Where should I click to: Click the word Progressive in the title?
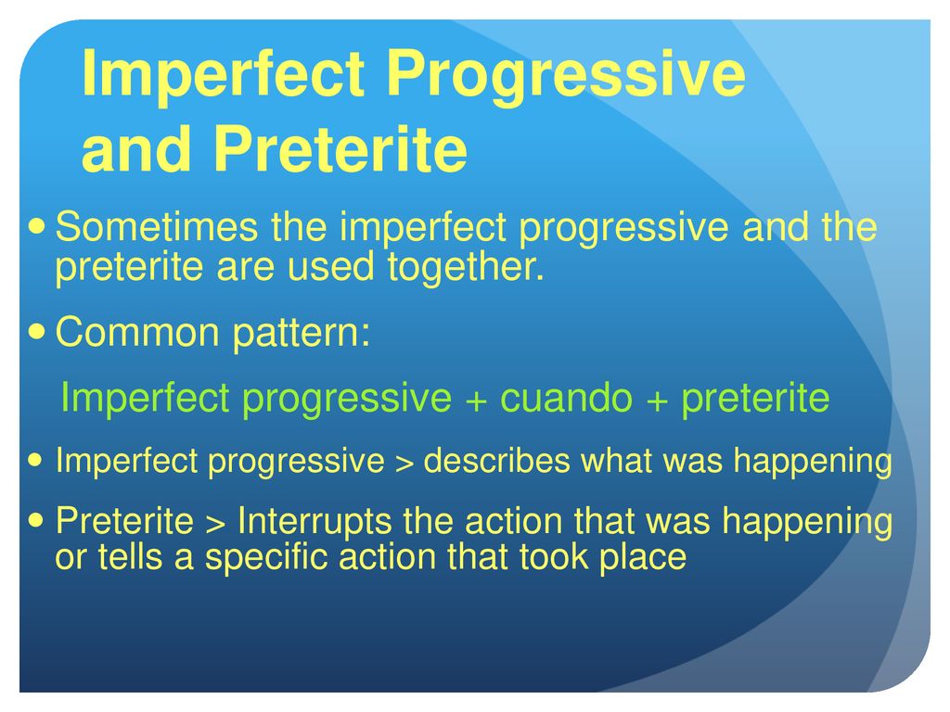tap(565, 75)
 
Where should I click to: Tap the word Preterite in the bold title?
tap(340, 149)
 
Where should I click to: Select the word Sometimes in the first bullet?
tap(157, 227)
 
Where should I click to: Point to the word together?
tap(466, 268)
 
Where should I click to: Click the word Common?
tap(137, 333)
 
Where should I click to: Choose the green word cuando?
tap(566, 397)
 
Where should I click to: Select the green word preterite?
tap(755, 399)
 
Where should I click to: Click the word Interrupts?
tap(315, 521)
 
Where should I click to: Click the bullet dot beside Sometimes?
tap(37, 227)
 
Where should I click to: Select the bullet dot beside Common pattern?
tap(37, 332)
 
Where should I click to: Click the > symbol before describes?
tap(404, 464)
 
